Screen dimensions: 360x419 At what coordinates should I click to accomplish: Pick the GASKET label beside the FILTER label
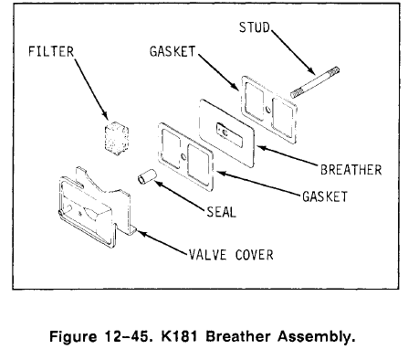[x=173, y=53]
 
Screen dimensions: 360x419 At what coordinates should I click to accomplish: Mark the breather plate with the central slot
[x=229, y=132]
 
